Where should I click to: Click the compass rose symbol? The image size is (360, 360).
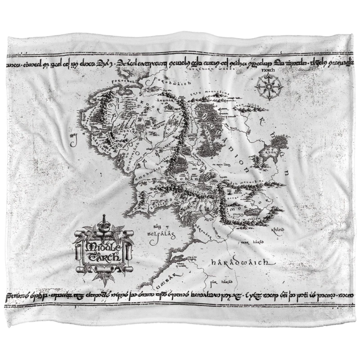[270, 85]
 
